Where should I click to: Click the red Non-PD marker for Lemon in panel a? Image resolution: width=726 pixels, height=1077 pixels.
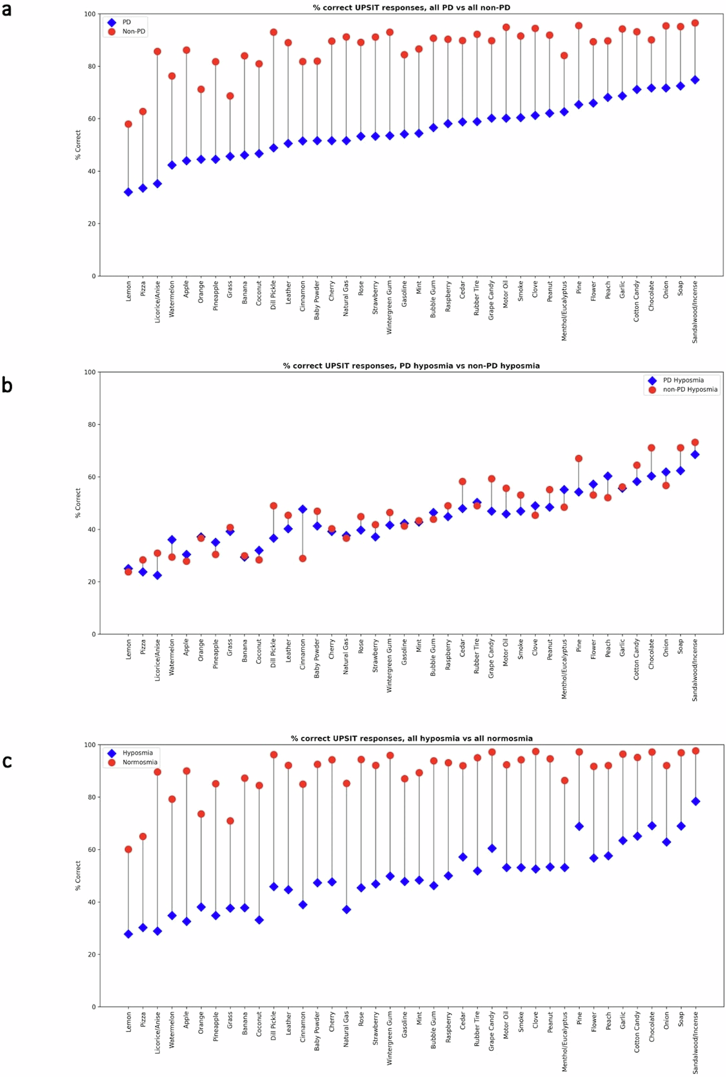128,124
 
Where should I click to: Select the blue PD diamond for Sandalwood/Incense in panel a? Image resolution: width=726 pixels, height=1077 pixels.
695,80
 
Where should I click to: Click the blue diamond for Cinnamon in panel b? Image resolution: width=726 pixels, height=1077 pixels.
302,509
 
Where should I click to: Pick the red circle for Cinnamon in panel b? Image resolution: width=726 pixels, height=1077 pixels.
302,558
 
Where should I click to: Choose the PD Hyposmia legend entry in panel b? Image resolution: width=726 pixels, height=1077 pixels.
683,380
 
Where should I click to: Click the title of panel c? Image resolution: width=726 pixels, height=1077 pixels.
411,738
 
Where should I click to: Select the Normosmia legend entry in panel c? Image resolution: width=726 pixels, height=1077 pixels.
139,762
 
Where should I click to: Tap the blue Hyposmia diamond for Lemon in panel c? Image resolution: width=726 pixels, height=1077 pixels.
128,934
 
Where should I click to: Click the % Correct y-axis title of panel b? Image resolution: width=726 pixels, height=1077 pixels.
78,503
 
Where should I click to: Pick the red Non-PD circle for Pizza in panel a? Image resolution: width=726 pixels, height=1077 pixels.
143,112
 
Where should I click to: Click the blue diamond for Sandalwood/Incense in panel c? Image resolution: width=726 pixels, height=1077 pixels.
695,801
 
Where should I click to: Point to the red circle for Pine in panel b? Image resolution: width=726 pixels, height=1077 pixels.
578,458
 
